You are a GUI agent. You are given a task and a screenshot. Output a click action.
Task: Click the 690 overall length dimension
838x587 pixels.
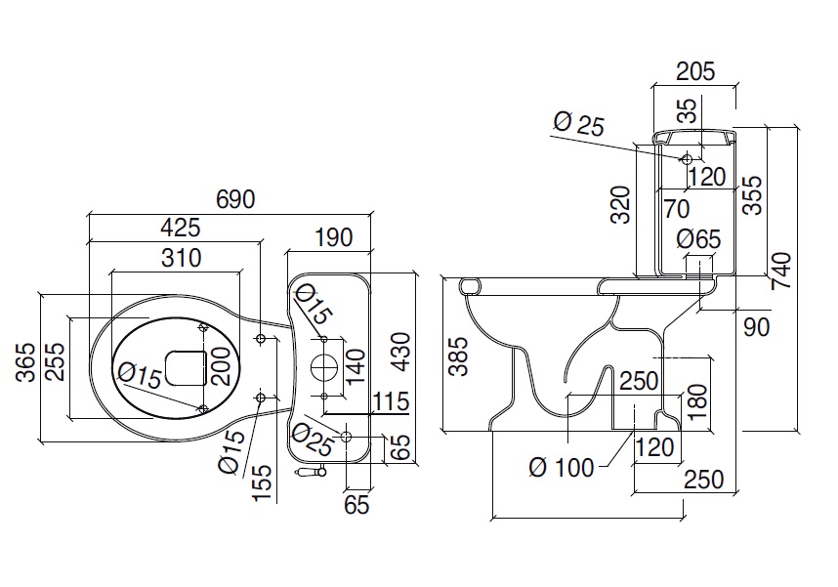point(235,199)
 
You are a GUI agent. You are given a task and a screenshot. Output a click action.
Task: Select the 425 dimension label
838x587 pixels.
point(181,228)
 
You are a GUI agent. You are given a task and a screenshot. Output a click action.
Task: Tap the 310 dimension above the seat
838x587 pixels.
point(181,258)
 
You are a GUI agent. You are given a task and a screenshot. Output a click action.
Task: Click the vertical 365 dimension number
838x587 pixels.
point(25,362)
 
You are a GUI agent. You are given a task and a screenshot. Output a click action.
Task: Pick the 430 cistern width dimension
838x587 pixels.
point(400,352)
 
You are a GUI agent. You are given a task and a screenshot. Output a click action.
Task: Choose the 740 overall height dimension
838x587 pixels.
point(781,271)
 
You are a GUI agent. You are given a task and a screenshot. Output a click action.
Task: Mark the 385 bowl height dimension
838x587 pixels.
point(458,356)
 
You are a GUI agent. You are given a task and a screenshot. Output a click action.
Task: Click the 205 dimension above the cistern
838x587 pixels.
point(695,71)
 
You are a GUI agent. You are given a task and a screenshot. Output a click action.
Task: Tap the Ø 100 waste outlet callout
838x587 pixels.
point(562,468)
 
